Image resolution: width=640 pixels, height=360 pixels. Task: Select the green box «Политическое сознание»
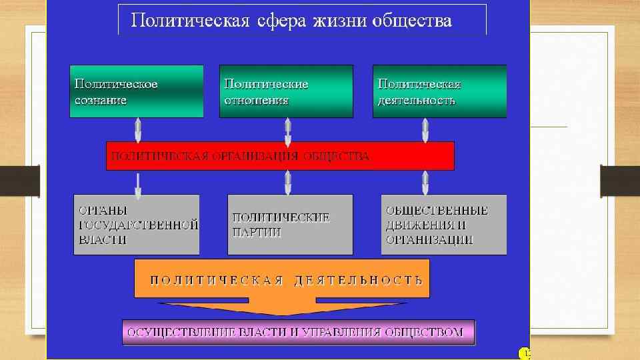(x=137, y=91)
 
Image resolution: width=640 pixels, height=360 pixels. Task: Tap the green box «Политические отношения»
(x=286, y=91)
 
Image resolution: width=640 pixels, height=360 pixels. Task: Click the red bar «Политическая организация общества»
(x=280, y=156)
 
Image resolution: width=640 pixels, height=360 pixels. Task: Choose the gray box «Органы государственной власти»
(x=136, y=225)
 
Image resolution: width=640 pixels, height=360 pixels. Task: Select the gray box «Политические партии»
(x=290, y=225)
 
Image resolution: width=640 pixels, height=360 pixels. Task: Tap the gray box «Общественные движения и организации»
(x=443, y=225)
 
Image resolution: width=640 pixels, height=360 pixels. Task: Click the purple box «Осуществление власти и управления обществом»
(x=298, y=332)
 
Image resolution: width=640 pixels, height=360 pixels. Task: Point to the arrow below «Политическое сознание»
(x=138, y=130)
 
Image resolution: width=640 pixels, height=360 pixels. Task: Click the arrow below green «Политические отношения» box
(x=288, y=131)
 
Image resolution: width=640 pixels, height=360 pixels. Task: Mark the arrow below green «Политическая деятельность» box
(x=425, y=130)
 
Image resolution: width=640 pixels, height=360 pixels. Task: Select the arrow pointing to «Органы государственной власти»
(x=138, y=185)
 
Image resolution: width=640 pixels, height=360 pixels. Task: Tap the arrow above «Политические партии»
(x=288, y=182)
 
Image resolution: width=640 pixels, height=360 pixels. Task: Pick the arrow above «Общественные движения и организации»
(x=425, y=182)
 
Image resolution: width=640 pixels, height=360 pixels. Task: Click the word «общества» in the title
(x=413, y=21)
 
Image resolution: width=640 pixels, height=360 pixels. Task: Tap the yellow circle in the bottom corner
(x=524, y=353)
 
